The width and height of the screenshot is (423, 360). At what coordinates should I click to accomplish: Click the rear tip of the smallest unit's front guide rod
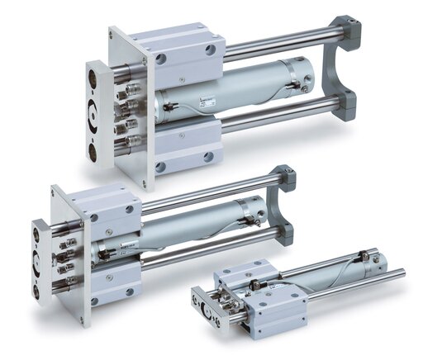pyautogui.click(x=402, y=272)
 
